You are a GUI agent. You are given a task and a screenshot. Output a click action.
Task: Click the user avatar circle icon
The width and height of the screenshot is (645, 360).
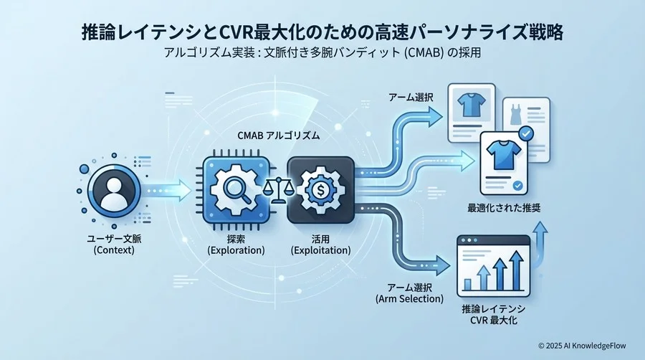[x=113, y=189]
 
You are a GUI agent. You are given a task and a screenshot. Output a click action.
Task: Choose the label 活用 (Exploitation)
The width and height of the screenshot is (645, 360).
[x=320, y=244]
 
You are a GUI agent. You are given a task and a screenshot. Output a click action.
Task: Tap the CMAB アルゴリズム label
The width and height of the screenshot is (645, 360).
[x=276, y=135]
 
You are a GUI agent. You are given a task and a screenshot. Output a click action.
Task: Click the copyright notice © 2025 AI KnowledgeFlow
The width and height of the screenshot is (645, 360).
[x=581, y=345]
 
